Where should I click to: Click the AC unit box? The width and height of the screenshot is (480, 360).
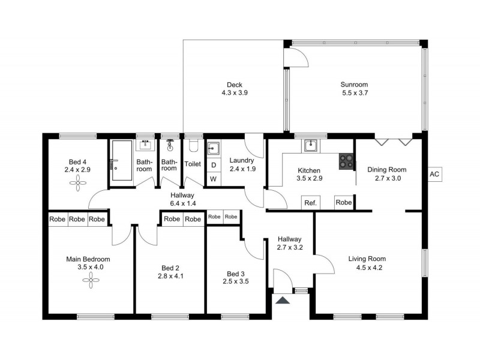[x=435, y=175]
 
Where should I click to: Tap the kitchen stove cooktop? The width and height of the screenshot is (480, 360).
[x=347, y=161]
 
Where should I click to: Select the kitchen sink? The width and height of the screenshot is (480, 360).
[x=311, y=145]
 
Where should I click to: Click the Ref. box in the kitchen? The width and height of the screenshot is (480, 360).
[x=310, y=203]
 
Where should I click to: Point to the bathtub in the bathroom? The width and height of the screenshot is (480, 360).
[x=121, y=161]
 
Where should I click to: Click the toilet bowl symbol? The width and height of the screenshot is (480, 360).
[x=193, y=146]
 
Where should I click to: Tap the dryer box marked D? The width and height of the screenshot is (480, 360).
[x=213, y=165]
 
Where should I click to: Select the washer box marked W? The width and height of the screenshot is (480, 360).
[x=213, y=179]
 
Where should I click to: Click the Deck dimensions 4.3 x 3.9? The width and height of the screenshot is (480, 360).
[x=235, y=93]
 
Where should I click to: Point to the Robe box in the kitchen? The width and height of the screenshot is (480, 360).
[x=344, y=203]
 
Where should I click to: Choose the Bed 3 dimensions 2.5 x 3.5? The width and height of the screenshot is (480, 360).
[x=235, y=281]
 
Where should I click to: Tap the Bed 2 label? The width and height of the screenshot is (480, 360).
[x=170, y=268]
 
